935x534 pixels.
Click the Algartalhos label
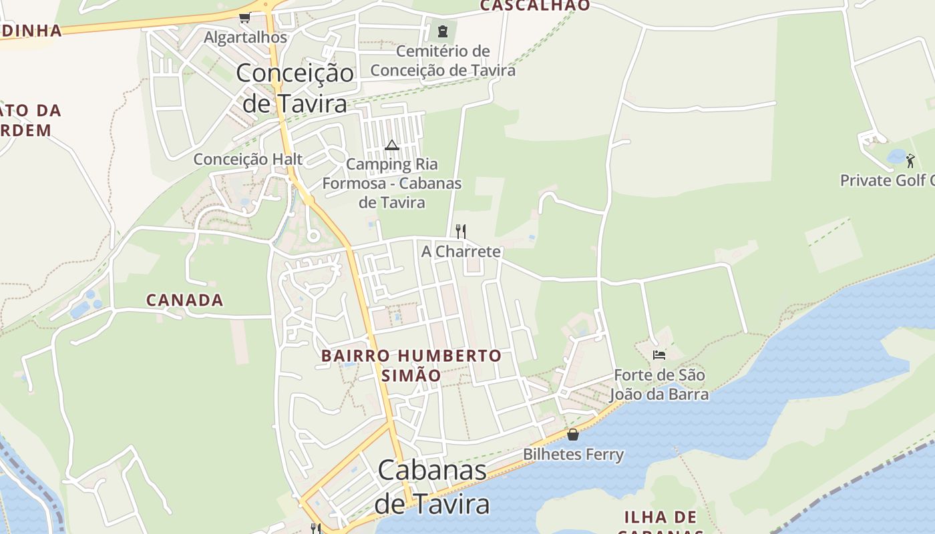tap(245, 37)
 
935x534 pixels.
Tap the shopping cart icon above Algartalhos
tap(244, 17)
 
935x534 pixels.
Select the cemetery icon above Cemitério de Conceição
tap(442, 31)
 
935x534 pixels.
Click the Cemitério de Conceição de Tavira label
tap(443, 61)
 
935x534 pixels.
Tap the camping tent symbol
tap(392, 145)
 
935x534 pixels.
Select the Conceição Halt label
tap(248, 160)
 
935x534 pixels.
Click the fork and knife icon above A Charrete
tap(460, 232)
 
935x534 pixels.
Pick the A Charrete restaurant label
tap(461, 252)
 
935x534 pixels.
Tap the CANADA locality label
tap(185, 300)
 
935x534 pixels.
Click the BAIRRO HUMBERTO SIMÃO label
tap(411, 365)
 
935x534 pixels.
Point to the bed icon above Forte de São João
tap(659, 355)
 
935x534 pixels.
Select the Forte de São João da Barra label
tap(659, 384)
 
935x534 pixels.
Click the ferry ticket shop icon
tap(572, 435)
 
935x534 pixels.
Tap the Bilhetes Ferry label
tap(573, 455)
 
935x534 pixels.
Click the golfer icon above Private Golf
tap(910, 160)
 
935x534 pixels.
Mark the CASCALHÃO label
tap(535, 5)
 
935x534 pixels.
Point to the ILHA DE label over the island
tap(661, 517)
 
